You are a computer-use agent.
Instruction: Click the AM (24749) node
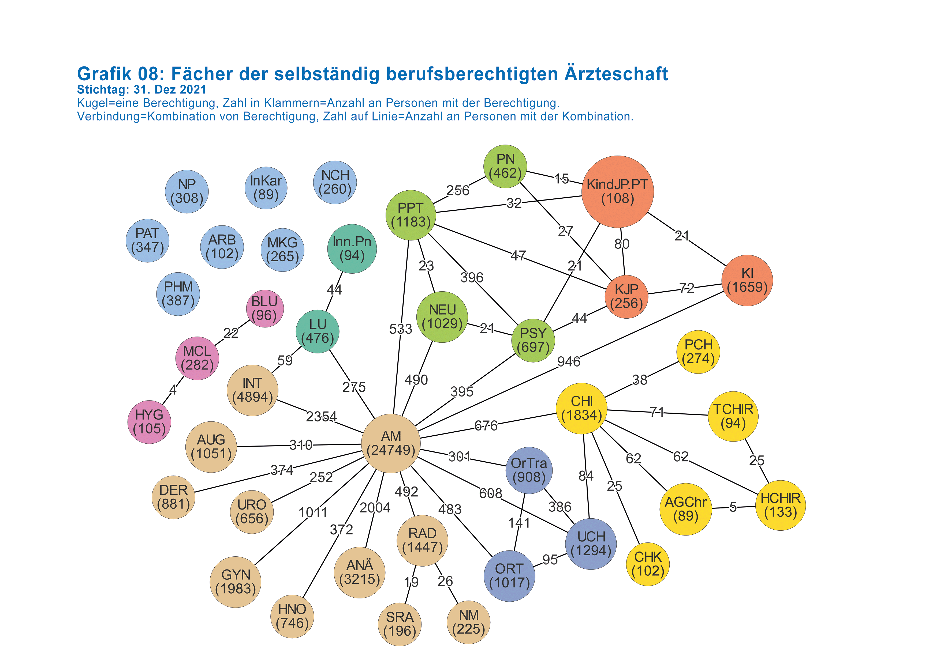click(391, 443)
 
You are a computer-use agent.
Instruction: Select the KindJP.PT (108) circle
click(617, 191)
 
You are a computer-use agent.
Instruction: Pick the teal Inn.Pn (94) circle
click(352, 249)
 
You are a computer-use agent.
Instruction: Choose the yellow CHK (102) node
click(648, 564)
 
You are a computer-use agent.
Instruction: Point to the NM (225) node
click(468, 622)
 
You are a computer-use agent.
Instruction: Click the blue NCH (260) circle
click(335, 182)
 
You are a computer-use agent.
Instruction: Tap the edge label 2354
click(321, 417)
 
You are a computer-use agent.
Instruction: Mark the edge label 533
click(400, 329)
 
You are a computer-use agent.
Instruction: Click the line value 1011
click(313, 512)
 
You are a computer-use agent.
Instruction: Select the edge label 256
click(458, 190)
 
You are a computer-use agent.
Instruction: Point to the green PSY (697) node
click(533, 340)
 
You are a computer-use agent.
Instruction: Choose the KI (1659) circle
click(747, 280)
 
